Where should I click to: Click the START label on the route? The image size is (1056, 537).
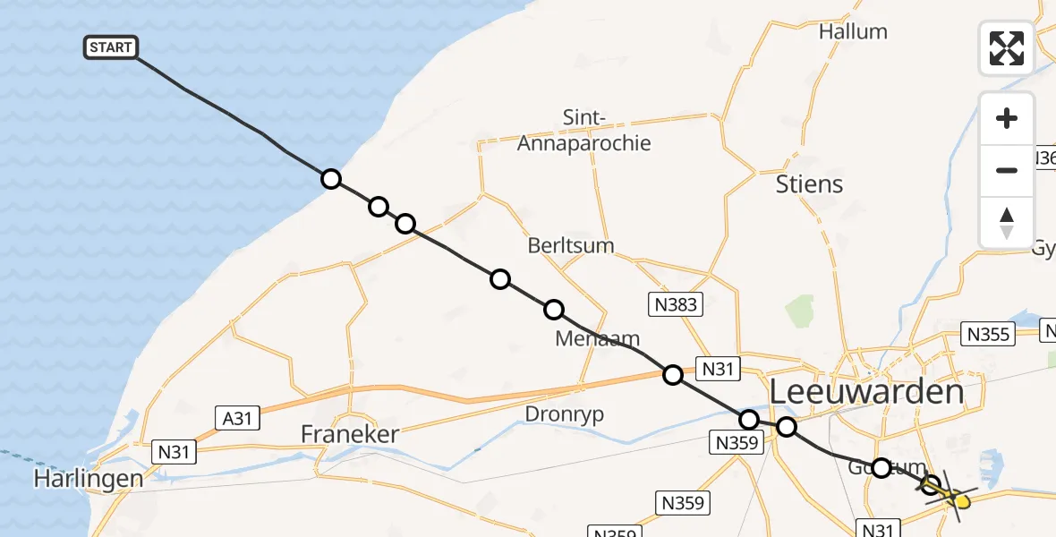click(x=111, y=47)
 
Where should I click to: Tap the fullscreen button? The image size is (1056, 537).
click(x=1007, y=48)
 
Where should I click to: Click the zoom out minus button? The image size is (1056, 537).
click(x=1007, y=170)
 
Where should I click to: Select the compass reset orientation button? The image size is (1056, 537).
click(x=1007, y=223)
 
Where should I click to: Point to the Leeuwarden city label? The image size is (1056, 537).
click(x=866, y=392)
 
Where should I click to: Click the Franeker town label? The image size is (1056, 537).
click(x=349, y=434)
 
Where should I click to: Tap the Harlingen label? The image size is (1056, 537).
click(x=88, y=479)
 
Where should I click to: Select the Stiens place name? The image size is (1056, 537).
click(x=810, y=184)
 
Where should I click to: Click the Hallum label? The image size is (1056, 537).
click(x=853, y=31)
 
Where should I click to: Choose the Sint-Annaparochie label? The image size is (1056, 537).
click(x=583, y=131)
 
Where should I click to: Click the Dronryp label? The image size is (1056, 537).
click(x=564, y=414)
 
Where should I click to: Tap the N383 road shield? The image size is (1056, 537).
click(x=675, y=305)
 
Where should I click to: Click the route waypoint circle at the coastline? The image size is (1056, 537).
click(x=331, y=179)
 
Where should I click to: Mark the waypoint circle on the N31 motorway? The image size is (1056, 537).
click(x=672, y=375)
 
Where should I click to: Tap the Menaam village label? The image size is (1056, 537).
click(x=597, y=338)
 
